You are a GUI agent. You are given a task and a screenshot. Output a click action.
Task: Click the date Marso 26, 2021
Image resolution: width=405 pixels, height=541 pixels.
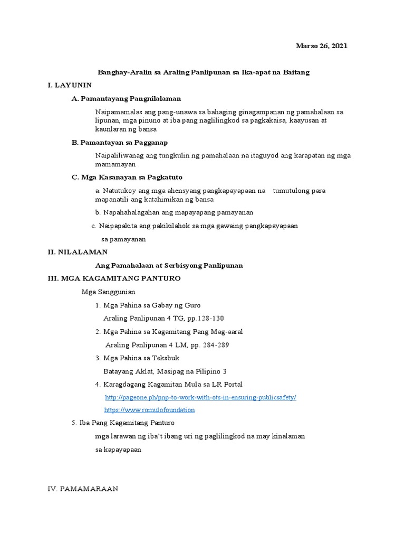coord(321,46)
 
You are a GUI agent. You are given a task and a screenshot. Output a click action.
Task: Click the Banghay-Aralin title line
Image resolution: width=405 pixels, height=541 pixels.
coord(204,72)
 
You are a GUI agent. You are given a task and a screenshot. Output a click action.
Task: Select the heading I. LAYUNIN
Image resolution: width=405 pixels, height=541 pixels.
coord(70,85)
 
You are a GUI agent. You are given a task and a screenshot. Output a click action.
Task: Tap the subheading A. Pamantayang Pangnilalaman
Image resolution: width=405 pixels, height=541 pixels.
coord(126,98)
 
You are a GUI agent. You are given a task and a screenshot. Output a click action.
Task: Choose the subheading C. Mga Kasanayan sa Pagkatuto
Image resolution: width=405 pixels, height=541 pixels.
coord(127,177)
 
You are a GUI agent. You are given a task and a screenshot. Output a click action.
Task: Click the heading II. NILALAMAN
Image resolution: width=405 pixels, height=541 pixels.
coord(78,252)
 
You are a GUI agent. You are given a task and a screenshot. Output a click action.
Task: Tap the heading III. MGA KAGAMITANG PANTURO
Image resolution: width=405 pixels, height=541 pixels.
coord(114,278)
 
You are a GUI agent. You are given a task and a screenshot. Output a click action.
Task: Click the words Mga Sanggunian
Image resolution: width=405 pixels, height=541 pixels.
coord(109,292)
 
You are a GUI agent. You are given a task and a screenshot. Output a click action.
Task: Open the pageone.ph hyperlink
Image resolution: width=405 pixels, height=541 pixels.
coord(200,397)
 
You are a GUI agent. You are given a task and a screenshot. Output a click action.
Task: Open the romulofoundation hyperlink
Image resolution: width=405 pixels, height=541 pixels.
coord(149,409)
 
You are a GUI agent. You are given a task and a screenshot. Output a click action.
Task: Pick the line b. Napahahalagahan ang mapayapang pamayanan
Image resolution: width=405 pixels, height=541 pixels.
coord(174,212)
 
